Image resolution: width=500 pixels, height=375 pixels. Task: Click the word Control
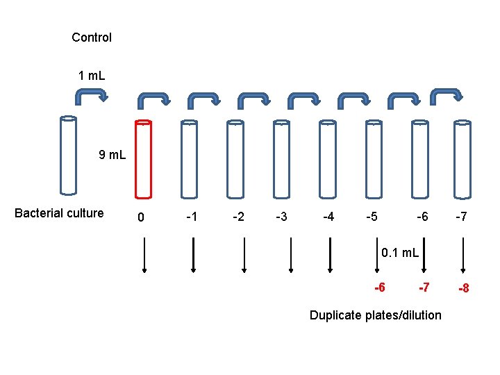pos(92,37)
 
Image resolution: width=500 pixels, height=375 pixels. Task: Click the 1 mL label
pos(92,74)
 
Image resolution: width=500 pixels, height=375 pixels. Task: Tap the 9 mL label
pos(112,155)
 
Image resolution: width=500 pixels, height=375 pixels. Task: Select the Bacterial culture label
pos(59,213)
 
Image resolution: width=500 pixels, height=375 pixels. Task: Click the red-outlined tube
pos(142,159)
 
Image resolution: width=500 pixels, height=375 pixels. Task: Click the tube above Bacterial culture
pos(68,155)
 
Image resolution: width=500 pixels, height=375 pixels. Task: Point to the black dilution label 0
pos(141,218)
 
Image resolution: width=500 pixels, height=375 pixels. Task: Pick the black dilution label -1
pos(192,217)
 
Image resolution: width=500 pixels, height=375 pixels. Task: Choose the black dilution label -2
pos(237,217)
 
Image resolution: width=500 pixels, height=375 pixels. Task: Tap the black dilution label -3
pos(281,217)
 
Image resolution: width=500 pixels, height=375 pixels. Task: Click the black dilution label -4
pos(328,217)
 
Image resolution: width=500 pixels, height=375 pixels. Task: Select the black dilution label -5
pos(372,217)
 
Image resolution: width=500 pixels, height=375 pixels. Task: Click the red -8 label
pos(462,287)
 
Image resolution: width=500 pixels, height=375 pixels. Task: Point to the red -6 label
pos(381,287)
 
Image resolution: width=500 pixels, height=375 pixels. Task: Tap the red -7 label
pos(424,287)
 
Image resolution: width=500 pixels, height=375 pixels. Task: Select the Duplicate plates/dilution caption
pos(375,315)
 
